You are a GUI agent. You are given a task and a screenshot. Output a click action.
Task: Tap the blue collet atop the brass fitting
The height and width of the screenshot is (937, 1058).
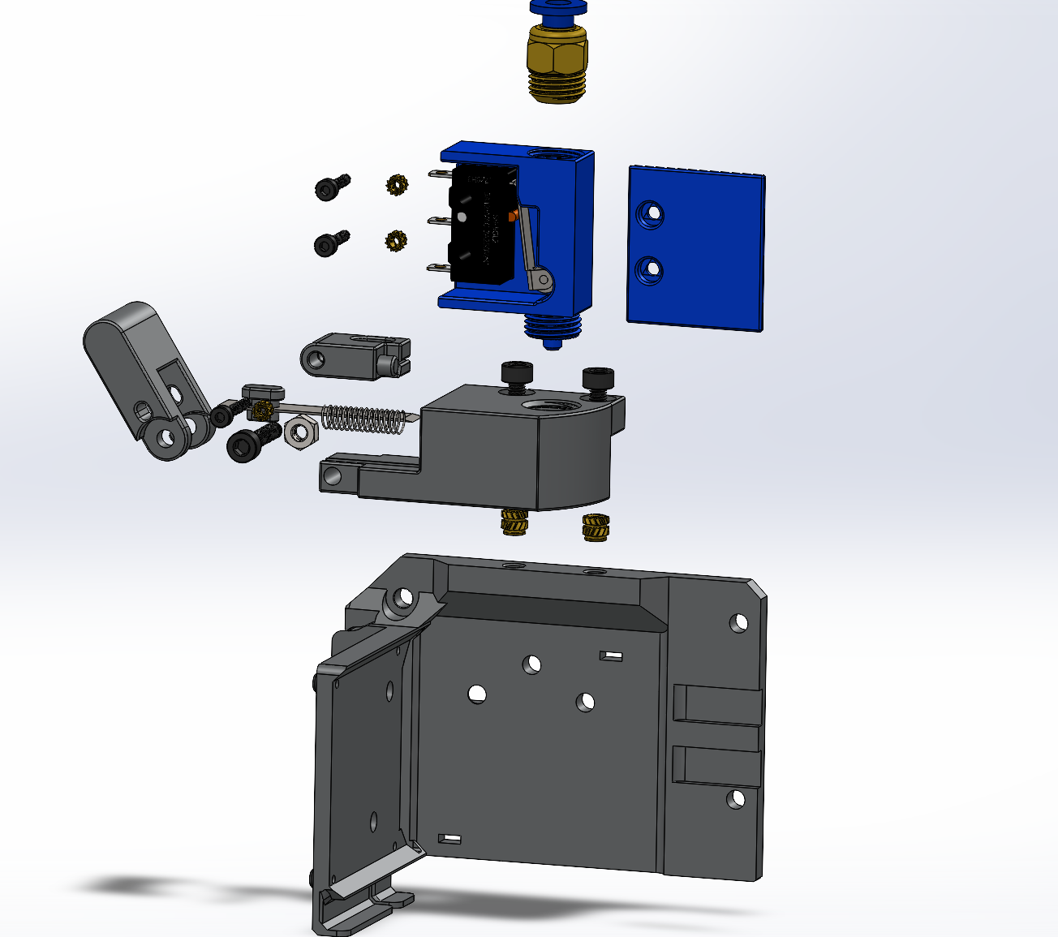click(558, 8)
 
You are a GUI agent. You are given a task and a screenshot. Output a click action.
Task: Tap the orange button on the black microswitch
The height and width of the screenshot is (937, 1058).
click(512, 215)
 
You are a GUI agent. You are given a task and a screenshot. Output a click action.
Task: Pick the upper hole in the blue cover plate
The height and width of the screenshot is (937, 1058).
click(650, 214)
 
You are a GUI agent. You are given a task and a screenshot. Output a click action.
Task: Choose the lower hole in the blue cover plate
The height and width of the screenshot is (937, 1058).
click(649, 269)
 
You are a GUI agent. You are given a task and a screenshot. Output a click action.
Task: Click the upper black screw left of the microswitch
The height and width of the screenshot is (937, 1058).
click(331, 187)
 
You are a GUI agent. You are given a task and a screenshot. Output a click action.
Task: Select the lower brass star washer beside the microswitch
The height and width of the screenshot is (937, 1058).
click(395, 240)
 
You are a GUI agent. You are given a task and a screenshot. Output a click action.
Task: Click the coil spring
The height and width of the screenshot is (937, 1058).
click(363, 419)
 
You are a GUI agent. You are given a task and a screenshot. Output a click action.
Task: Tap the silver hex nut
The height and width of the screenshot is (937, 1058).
click(299, 432)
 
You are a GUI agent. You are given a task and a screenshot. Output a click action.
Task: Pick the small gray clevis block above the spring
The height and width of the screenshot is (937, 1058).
click(354, 355)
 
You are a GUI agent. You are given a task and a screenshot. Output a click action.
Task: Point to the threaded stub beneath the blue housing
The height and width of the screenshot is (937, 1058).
click(553, 329)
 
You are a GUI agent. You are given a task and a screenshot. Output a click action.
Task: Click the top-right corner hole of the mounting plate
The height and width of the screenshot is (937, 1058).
click(738, 623)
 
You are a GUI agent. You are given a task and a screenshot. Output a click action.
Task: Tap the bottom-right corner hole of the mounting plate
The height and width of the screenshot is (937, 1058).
click(735, 799)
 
